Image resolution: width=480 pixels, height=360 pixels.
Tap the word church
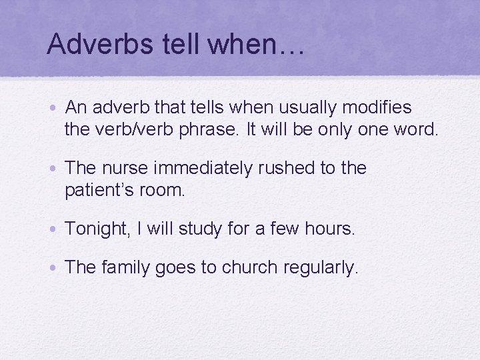249,268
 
